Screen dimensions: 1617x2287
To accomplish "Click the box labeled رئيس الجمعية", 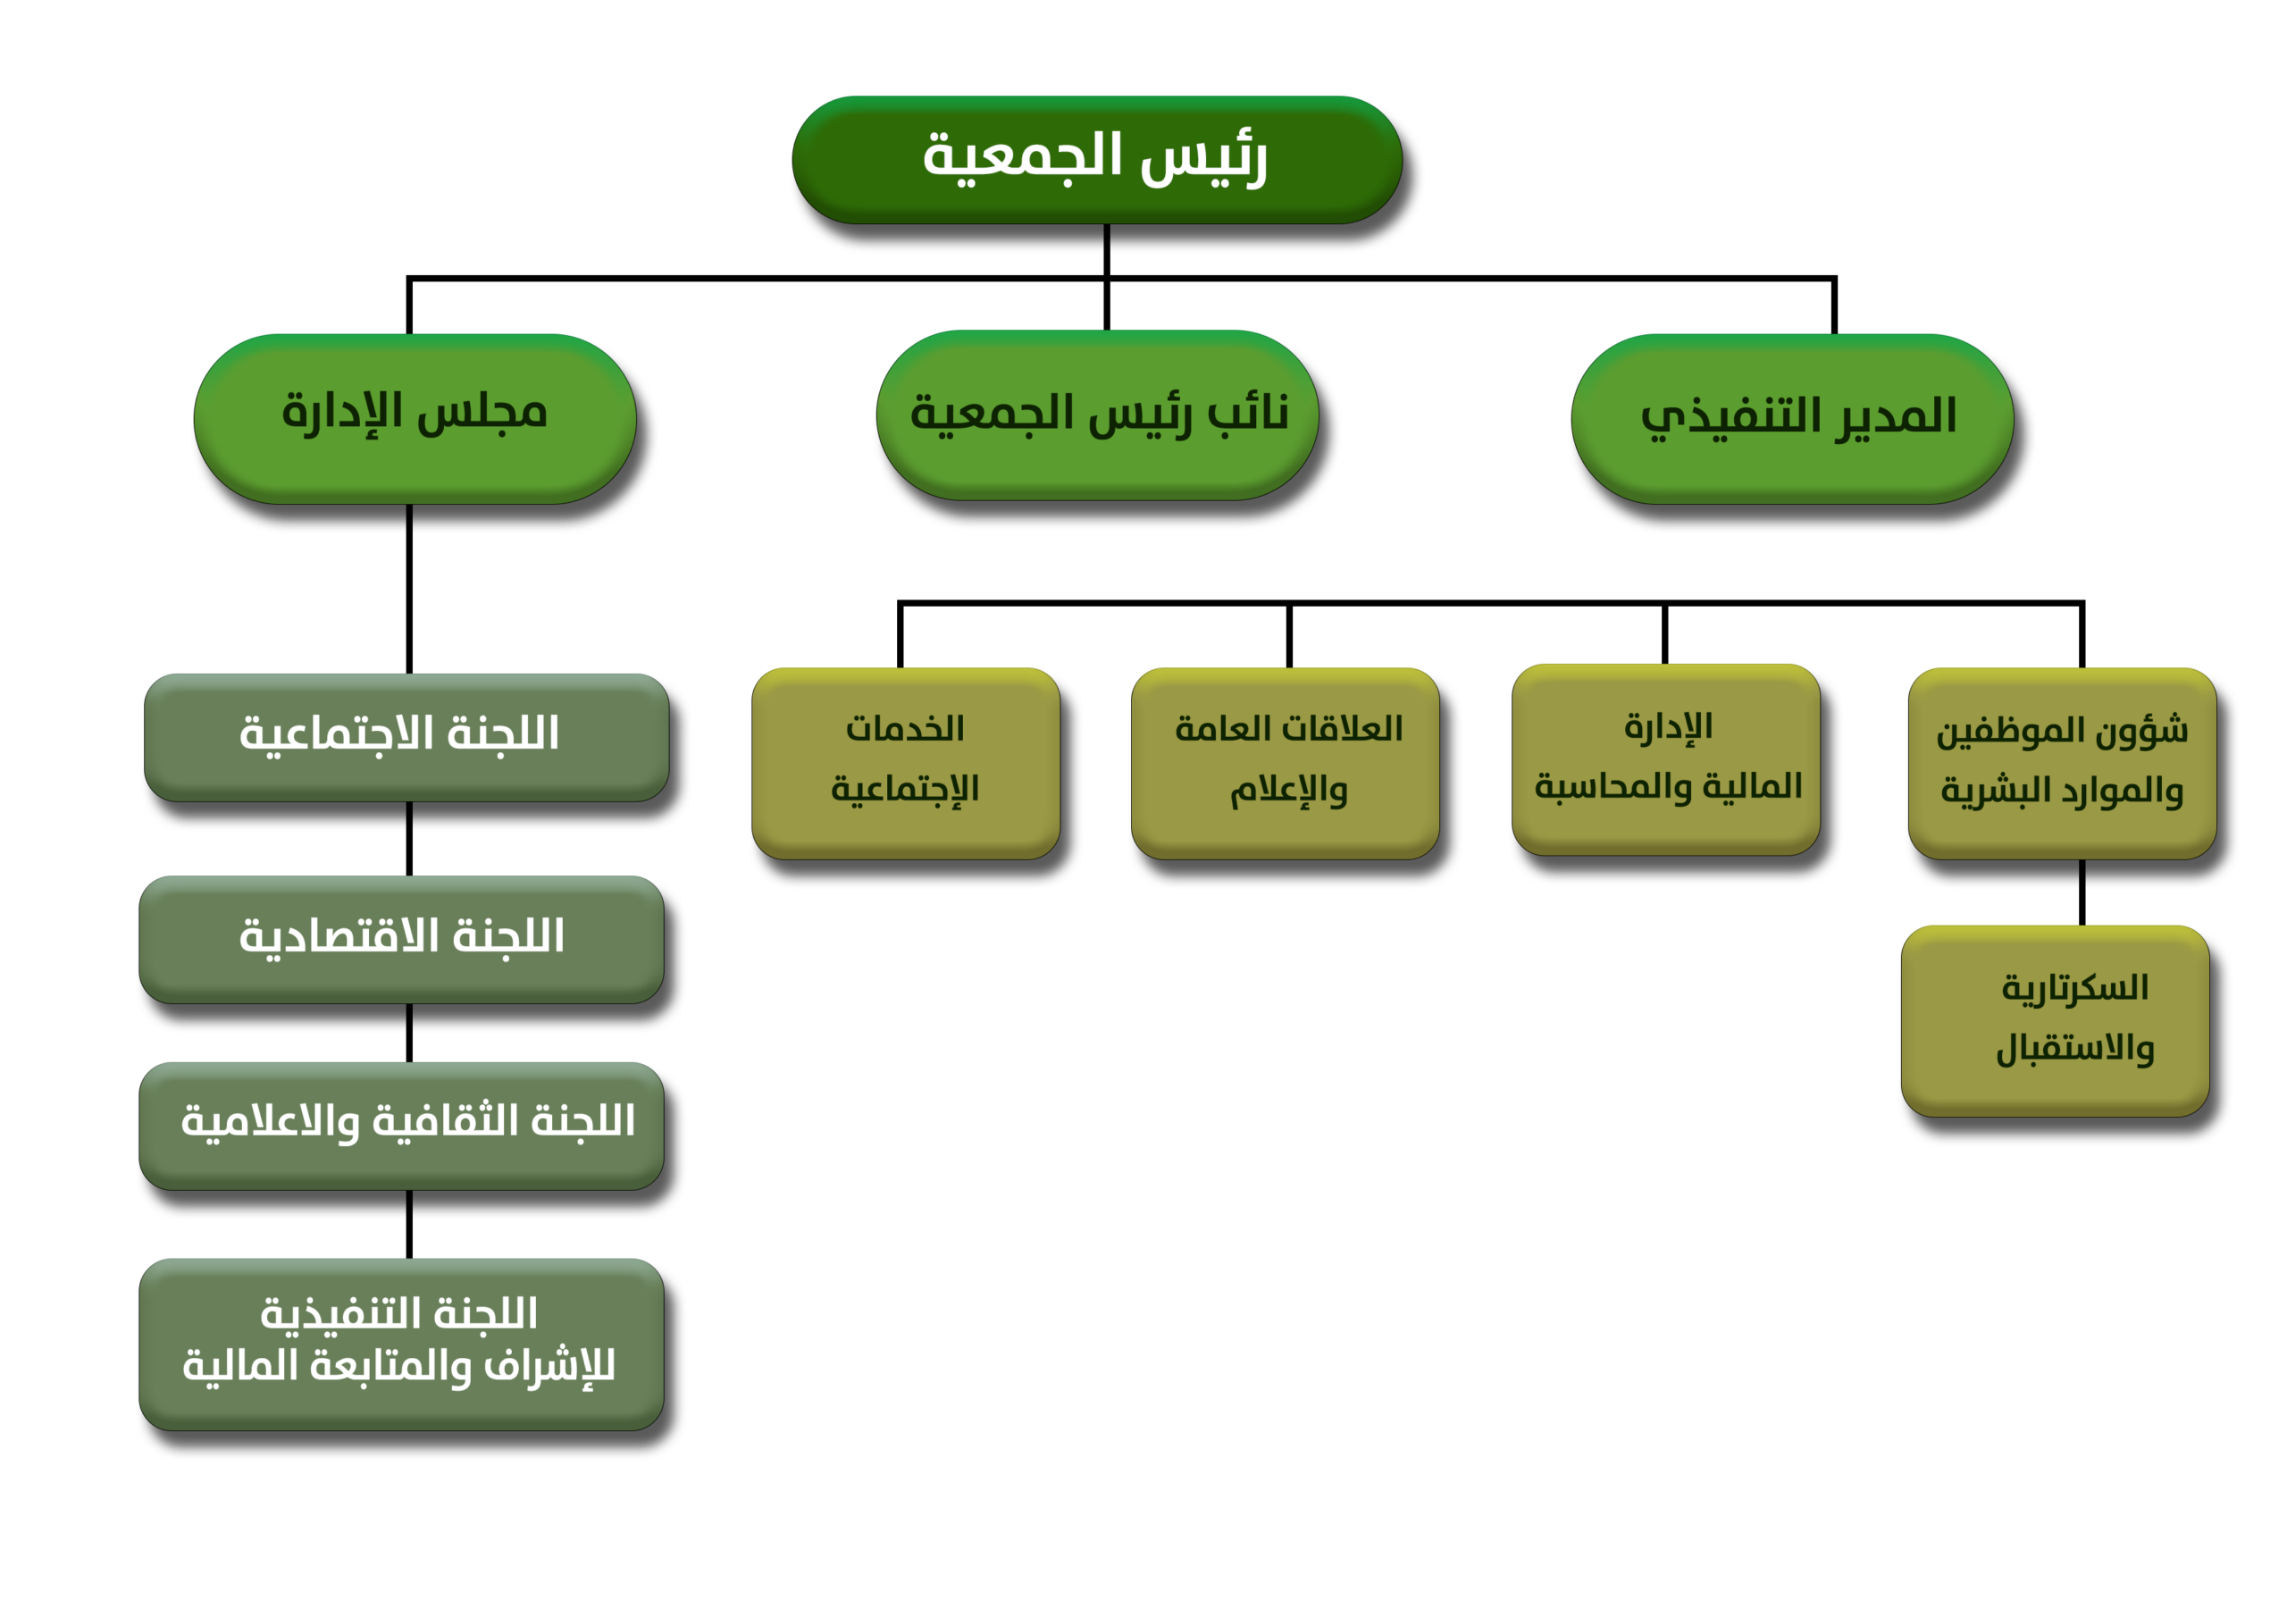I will point(1097,159).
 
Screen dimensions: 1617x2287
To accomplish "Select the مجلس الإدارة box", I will point(415,417).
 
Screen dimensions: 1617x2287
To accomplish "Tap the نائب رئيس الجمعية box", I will point(1097,415).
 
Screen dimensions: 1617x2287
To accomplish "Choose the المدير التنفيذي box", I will point(1792,417).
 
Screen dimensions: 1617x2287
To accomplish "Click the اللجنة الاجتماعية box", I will point(406,736).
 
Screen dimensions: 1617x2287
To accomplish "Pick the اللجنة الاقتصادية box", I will point(401,939).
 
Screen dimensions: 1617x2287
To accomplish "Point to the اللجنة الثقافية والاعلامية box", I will point(401,1124).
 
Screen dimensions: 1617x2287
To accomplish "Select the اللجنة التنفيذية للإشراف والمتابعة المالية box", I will point(401,1343).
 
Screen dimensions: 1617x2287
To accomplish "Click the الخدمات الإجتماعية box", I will point(906,762).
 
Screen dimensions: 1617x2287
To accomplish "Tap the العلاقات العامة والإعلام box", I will point(1285,762).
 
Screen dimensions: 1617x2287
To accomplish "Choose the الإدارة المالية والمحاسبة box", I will point(1665,758).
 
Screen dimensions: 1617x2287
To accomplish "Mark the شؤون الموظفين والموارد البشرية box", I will point(2062,762).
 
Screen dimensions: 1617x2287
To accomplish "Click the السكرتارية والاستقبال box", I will point(2055,1020).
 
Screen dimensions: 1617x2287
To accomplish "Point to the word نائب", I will point(1248,412).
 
